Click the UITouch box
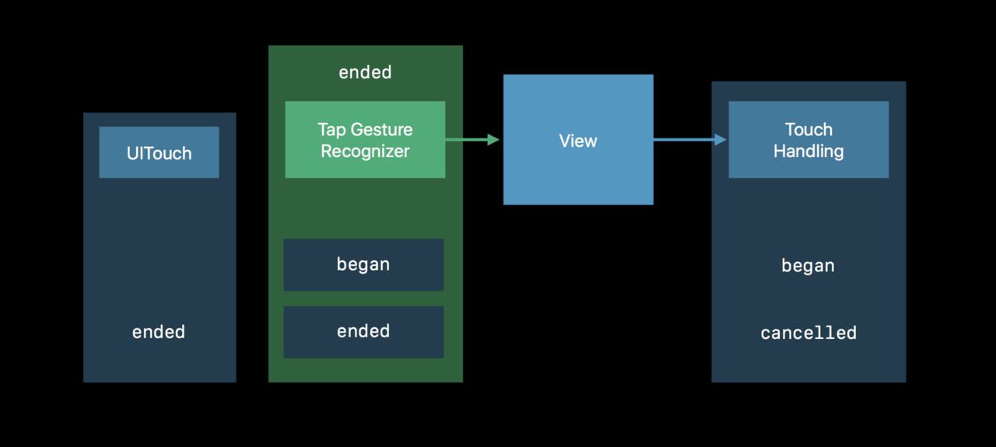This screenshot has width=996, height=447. tap(159, 152)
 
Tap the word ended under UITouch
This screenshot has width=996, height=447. tap(159, 332)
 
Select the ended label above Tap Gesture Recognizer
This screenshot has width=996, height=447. tap(365, 72)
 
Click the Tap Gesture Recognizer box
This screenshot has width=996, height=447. tap(365, 139)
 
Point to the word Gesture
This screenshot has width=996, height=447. tap(381, 130)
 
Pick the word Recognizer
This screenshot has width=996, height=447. tap(365, 152)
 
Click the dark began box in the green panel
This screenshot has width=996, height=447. tap(363, 265)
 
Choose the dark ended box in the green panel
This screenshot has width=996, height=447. tap(363, 332)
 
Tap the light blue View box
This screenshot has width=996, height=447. tap(578, 139)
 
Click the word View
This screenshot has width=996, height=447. tap(578, 141)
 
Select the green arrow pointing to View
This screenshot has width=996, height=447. tap(472, 139)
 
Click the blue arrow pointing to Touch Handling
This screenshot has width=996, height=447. tap(690, 139)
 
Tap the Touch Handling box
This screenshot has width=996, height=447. tap(808, 139)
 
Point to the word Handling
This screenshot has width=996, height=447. tap(808, 152)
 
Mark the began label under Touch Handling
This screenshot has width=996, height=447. tap(808, 266)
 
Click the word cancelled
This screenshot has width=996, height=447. tap(808, 333)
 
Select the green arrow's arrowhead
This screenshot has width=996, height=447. tap(493, 139)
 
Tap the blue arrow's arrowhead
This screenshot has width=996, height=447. tap(721, 139)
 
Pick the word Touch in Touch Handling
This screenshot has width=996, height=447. tap(808, 130)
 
